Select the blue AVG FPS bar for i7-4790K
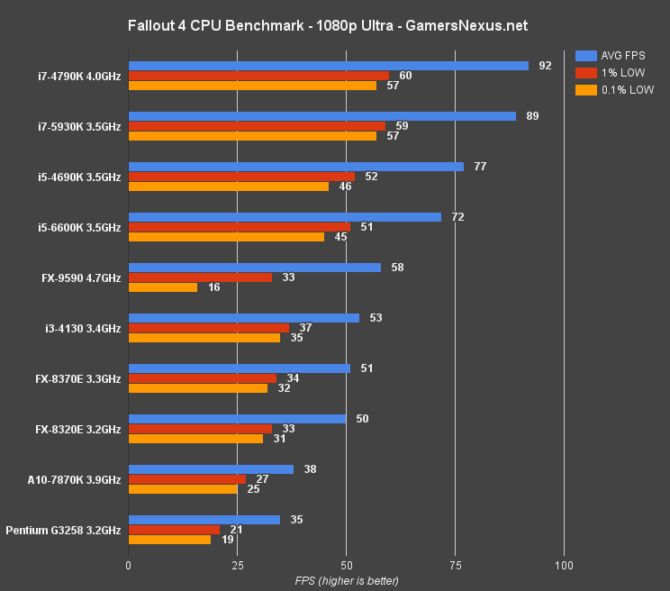pyautogui.click(x=329, y=66)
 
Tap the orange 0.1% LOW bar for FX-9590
pyautogui.click(x=163, y=287)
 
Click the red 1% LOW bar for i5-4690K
pyautogui.click(x=241, y=177)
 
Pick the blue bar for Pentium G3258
pyautogui.click(x=204, y=520)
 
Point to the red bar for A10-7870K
pyautogui.click(x=187, y=479)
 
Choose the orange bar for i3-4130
pyautogui.click(x=204, y=338)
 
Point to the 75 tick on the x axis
pyautogui.click(x=455, y=565)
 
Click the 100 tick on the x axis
pyautogui.click(x=564, y=565)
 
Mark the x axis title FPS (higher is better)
pyautogui.click(x=347, y=580)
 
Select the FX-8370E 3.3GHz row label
pyautogui.click(x=77, y=379)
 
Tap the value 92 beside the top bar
pyautogui.click(x=545, y=66)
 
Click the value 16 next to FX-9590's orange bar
pyautogui.click(x=214, y=287)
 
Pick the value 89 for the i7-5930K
pyautogui.click(x=532, y=116)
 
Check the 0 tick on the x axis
pyautogui.click(x=129, y=565)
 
